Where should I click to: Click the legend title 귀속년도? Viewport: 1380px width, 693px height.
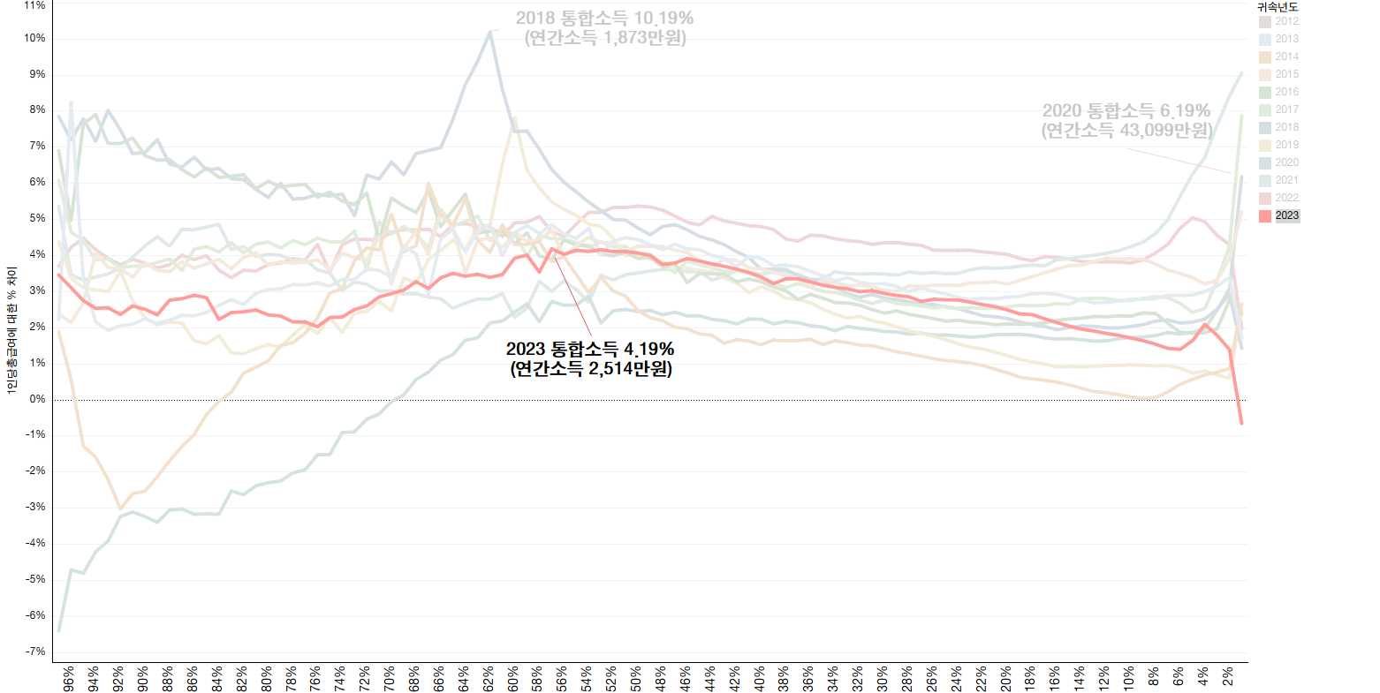point(1278,7)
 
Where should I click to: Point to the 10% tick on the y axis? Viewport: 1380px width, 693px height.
point(35,38)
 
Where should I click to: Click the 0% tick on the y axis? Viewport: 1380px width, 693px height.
point(37,399)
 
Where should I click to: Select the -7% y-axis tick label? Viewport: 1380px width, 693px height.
point(35,652)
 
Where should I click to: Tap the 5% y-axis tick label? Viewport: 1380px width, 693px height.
point(37,218)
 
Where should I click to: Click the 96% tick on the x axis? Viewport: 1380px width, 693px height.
point(69,677)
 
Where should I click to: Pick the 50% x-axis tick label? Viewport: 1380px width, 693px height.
point(636,677)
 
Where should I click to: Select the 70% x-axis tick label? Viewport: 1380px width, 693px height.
point(390,677)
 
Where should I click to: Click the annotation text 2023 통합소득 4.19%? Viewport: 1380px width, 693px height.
point(590,350)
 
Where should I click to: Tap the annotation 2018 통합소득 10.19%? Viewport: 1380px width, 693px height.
point(604,18)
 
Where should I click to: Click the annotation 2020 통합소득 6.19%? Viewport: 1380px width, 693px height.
point(1126,110)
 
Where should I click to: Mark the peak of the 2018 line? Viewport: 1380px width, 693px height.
point(489,31)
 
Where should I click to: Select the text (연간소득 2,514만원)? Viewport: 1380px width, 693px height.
point(590,369)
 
